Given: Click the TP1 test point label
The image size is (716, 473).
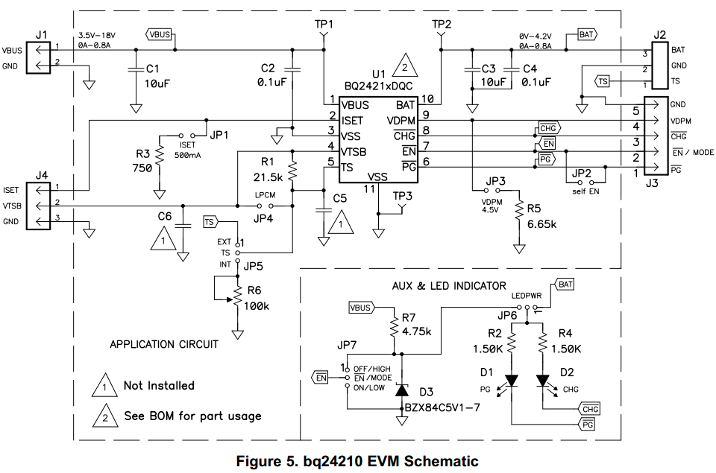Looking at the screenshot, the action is pos(324,24).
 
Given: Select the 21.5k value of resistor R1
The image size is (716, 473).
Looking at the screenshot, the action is pos(268,177).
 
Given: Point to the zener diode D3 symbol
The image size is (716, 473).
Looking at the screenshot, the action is pos(401,390).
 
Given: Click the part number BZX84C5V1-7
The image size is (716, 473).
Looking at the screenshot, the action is pos(442,407).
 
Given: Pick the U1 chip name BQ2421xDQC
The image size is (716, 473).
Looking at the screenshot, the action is pos(379,86).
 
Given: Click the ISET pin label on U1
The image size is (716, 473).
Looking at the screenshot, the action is pos(352,121).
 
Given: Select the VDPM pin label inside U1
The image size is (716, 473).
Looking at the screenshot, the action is pos(401,121).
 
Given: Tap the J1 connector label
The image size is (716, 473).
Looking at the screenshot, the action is pos(41,35).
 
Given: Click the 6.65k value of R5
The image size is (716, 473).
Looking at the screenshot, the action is pos(541,224).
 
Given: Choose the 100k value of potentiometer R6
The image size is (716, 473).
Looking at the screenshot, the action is pos(257,306).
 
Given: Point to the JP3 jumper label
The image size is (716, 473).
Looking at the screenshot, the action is pos(495,181).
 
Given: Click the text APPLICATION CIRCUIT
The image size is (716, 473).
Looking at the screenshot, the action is pos(164,344).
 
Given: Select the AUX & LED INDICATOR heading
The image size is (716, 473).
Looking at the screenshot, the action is pos(449,286).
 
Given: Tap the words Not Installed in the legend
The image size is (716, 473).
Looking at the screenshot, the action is pos(159,385).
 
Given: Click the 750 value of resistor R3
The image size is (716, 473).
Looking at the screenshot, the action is pos(142,168).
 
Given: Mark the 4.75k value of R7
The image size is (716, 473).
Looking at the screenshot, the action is pos(416,331).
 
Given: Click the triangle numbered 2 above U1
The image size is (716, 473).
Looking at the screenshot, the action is pos(404,66).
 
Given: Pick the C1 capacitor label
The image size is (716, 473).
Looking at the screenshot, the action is pos(152,69).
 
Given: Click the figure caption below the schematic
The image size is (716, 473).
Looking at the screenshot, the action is pos(357,461).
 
